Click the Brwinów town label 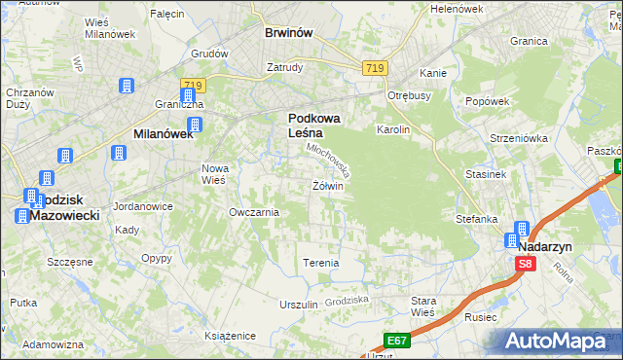[288, 32]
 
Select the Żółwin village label [328, 186]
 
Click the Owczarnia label [254, 212]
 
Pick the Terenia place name [321, 263]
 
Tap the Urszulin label [299, 305]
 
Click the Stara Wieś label [423, 306]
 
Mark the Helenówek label [457, 9]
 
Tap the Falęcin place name [167, 14]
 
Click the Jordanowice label [143, 206]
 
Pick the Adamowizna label [53, 344]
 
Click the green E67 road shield [395, 340]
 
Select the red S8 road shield [526, 264]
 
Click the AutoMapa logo [558, 341]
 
